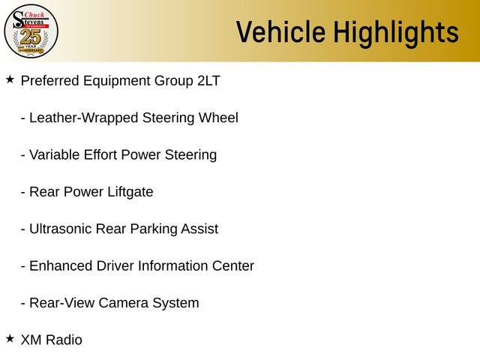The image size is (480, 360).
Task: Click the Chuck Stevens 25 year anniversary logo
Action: tap(31, 30)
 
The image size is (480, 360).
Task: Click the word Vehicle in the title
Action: tap(280, 32)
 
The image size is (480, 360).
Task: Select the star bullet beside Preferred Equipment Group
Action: tap(10, 79)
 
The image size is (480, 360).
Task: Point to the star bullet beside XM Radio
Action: tap(10, 338)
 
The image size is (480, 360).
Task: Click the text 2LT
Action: tap(208, 81)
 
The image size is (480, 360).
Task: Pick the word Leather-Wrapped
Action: tap(83, 118)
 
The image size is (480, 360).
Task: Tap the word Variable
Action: tap(55, 155)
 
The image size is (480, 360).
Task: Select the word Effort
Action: tap(104, 155)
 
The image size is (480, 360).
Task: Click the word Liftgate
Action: tap(130, 192)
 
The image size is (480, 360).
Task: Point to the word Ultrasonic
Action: tap(61, 229)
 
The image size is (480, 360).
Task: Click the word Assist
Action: tap(199, 229)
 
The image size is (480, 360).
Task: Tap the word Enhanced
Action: tap(61, 266)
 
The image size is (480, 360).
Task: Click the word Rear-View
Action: tap(62, 303)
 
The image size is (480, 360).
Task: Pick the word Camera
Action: tap(124, 303)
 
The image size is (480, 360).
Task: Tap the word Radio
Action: tap(64, 340)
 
